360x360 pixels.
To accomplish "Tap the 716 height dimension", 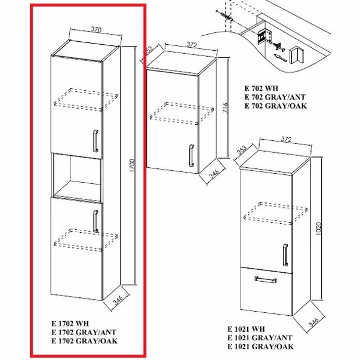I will click(x=225, y=108).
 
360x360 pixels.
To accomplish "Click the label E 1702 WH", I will click(x=70, y=325).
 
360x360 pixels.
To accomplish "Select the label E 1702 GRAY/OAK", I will click(x=84, y=341).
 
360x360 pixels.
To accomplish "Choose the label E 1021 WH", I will click(x=246, y=329).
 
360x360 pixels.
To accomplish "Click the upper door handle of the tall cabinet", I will click(x=94, y=141).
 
